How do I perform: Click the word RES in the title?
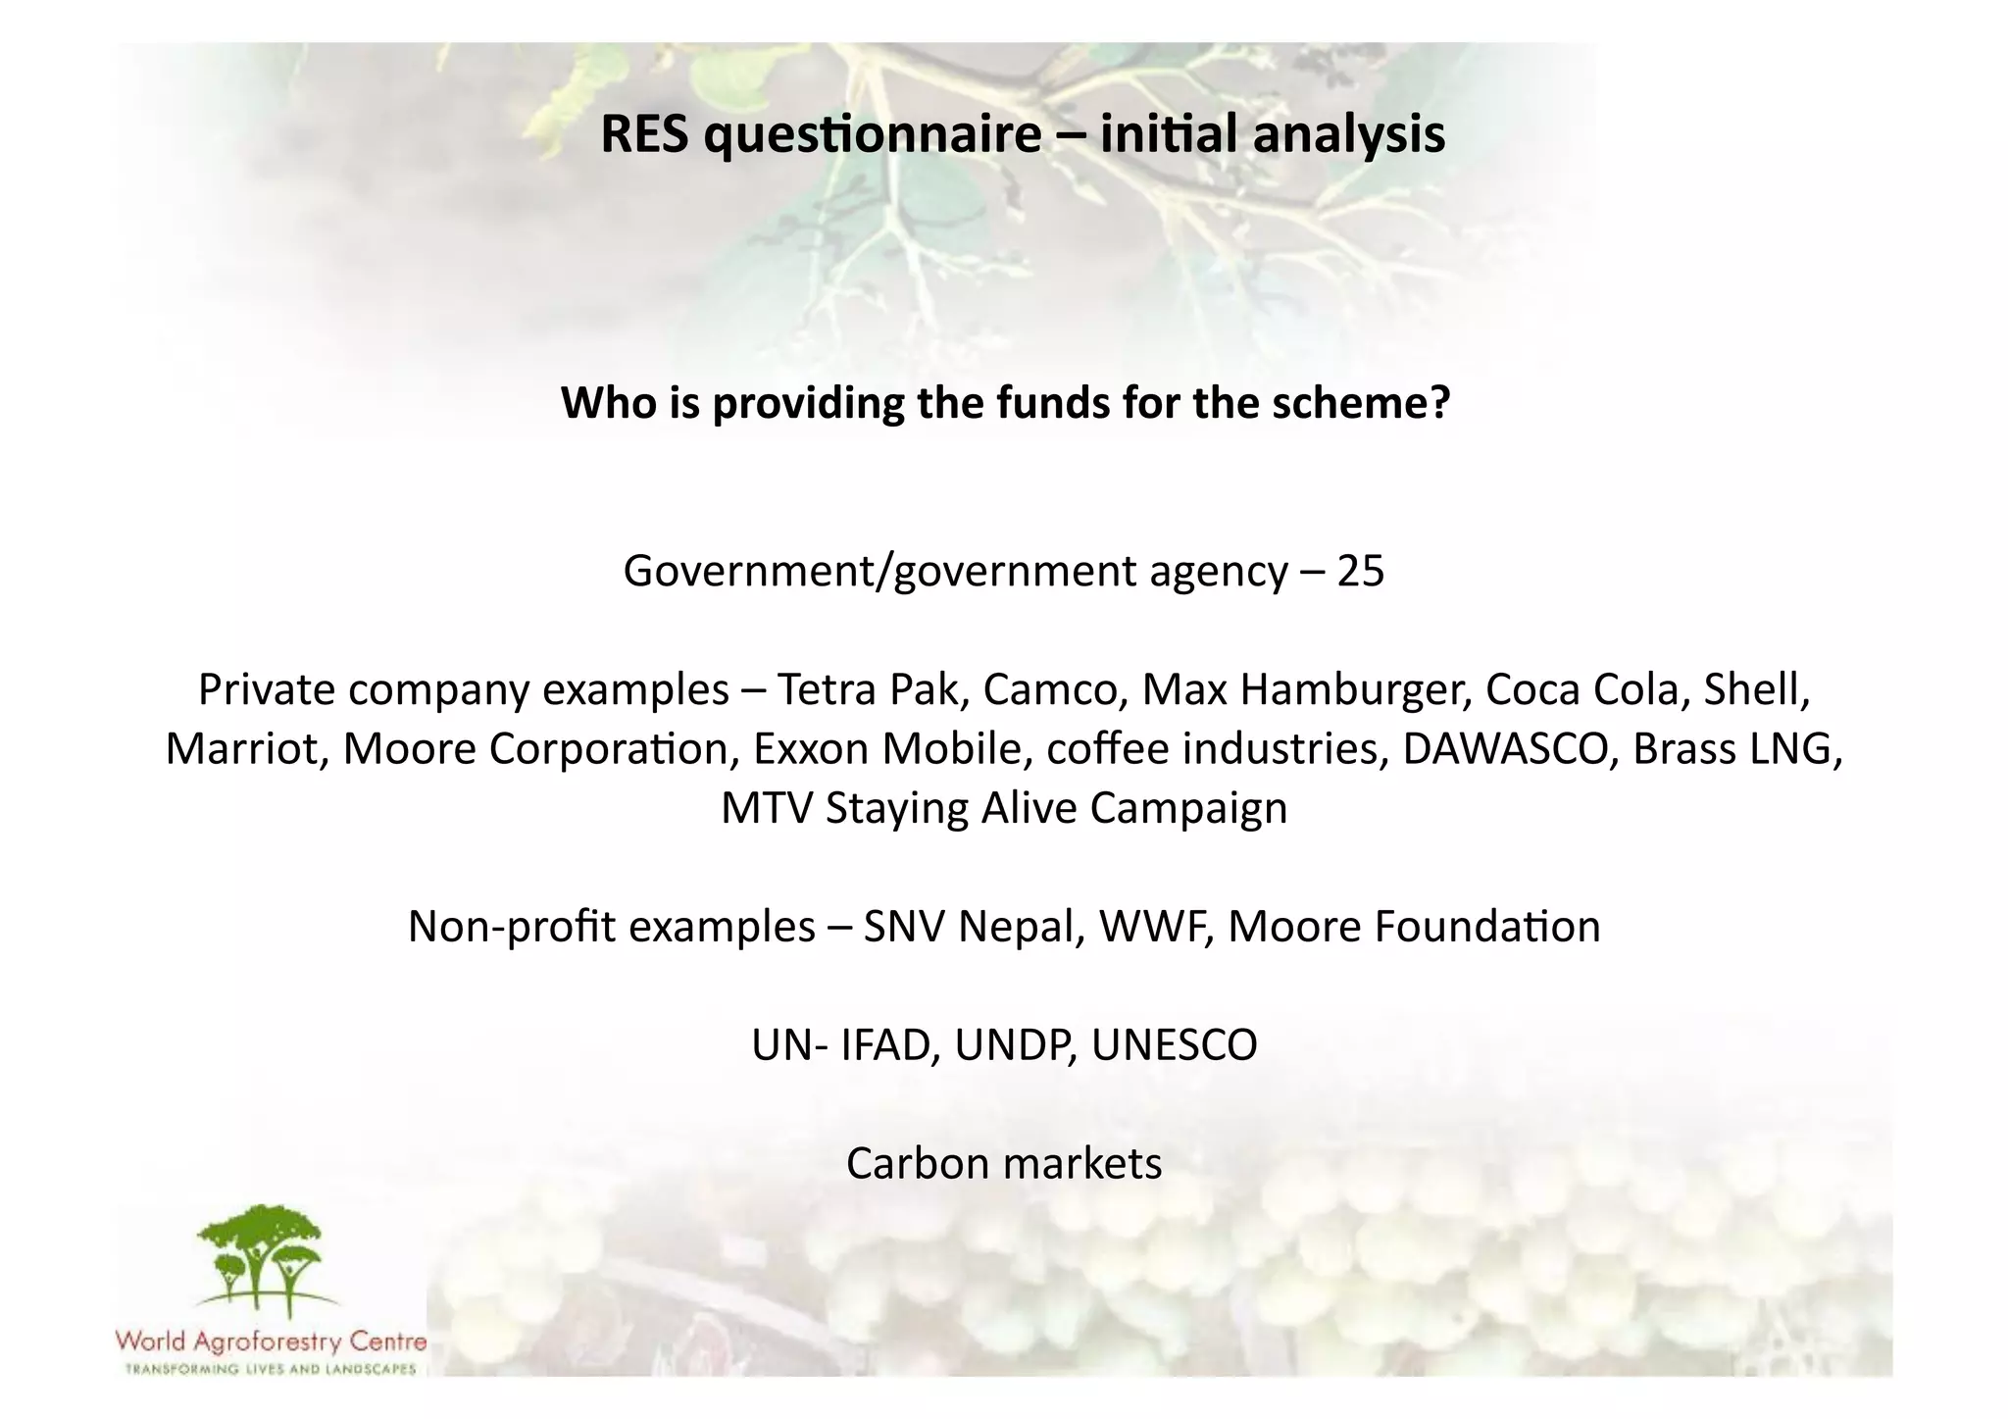pyautogui.click(x=644, y=134)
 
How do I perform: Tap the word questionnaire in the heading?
pyautogui.click(x=872, y=134)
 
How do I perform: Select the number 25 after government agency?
pyautogui.click(x=1360, y=571)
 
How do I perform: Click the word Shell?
pyautogui.click(x=1755, y=689)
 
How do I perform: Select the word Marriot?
pyautogui.click(x=245, y=749)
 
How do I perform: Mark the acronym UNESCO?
pyautogui.click(x=1174, y=1045)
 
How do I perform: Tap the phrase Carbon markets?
pyautogui.click(x=1004, y=1164)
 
